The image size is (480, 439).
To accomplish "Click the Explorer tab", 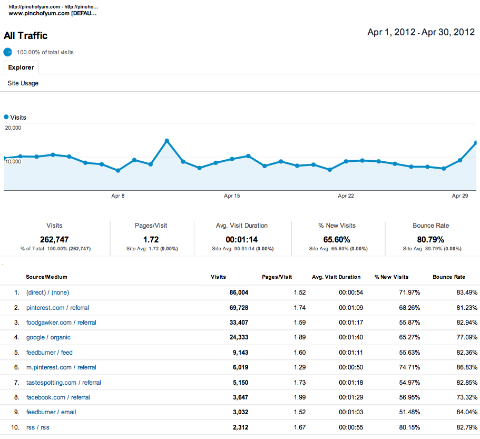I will pos(21,67).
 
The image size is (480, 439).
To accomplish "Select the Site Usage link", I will pos(23,83).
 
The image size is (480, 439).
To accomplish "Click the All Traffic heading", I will pos(25,36).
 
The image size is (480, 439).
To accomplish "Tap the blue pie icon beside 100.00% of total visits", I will pos(8,52).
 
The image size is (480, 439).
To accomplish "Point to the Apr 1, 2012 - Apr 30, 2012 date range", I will pos(421,33).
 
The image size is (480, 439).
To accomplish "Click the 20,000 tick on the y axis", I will pos(13,128).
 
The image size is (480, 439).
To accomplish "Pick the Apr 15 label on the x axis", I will pos(232,196).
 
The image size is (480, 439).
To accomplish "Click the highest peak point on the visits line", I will pos(166,141).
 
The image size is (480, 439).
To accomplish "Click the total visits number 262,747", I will pos(54,239).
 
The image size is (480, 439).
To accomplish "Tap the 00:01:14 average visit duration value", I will pos(242,239).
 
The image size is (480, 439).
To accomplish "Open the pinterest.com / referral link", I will pos(61,307).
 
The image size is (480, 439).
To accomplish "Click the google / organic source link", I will pos(48,337).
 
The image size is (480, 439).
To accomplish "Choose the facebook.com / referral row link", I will pos(58,397).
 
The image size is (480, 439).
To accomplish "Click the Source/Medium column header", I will pos(46,277).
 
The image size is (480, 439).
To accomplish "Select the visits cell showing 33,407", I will pos(236,323).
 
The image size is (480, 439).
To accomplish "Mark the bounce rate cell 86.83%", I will pos(464,367).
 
